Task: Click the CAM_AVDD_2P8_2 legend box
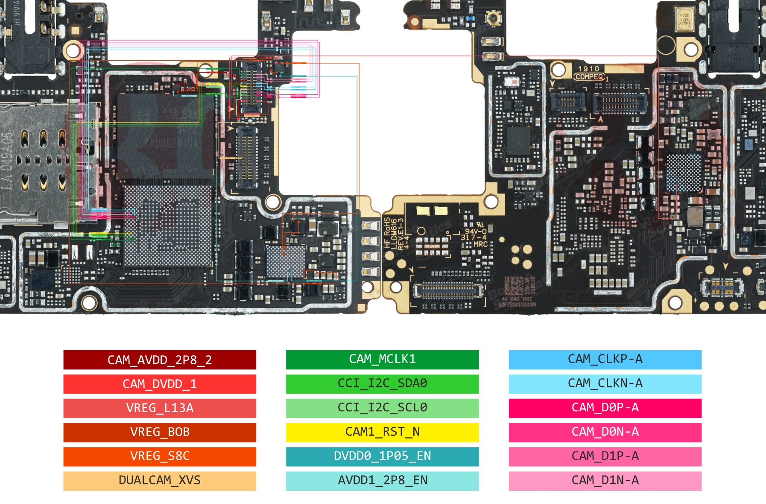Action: click(x=160, y=360)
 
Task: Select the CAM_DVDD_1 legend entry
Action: click(x=160, y=384)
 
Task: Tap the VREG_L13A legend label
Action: click(x=160, y=408)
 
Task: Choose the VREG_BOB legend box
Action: click(x=160, y=432)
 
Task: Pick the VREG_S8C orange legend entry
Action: click(x=160, y=456)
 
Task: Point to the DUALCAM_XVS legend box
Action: click(x=160, y=481)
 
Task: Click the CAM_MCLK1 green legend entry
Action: click(x=382, y=359)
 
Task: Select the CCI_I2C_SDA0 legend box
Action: click(x=382, y=384)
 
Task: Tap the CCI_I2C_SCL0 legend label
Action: click(x=382, y=408)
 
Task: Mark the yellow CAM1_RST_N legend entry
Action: click(x=382, y=432)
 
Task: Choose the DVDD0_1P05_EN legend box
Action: click(x=382, y=456)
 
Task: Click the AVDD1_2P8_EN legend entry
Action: click(x=382, y=481)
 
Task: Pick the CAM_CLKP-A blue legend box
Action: click(x=605, y=359)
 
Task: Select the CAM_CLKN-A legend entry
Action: click(x=605, y=384)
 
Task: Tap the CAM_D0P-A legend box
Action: click(x=605, y=408)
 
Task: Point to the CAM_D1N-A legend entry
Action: click(x=605, y=481)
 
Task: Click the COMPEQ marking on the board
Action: click(x=589, y=77)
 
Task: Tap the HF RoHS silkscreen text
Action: click(x=387, y=233)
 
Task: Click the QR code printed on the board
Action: click(x=514, y=285)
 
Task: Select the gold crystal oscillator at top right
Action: click(x=684, y=20)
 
